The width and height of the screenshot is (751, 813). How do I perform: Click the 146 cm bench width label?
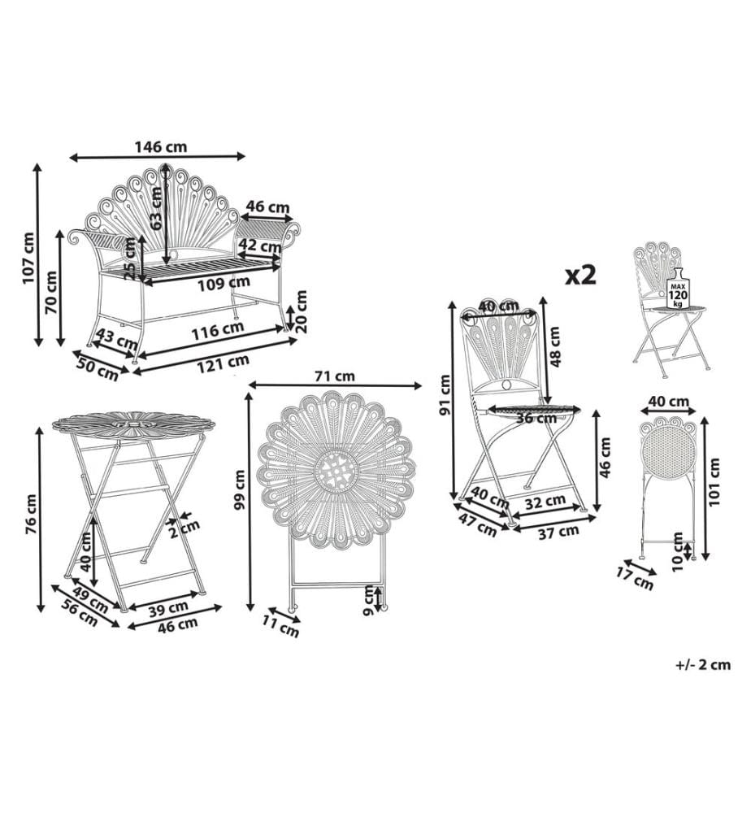point(161,146)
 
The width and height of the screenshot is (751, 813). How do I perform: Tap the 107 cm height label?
point(28,258)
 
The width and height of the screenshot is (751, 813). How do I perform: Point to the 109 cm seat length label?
point(224,284)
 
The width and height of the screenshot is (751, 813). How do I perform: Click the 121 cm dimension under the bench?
point(223,363)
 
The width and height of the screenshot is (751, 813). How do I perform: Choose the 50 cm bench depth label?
point(98,369)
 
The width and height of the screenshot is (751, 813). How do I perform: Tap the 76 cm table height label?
point(31,515)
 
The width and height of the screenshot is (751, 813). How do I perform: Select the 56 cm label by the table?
point(80,612)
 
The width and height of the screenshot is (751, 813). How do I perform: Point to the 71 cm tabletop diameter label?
point(335,376)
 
